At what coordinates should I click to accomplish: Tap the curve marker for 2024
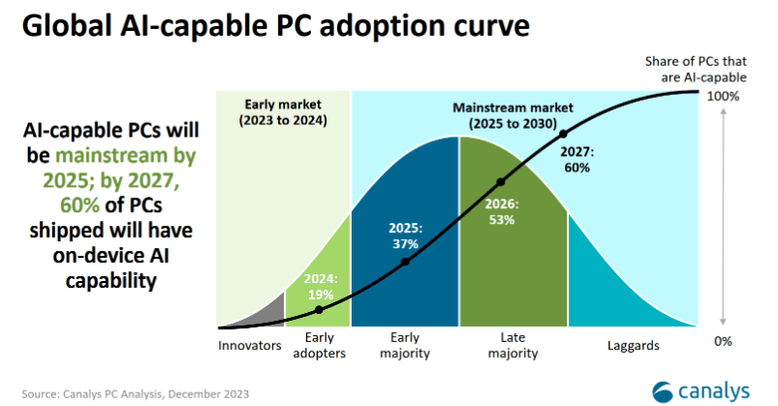319,310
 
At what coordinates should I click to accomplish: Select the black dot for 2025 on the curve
406,262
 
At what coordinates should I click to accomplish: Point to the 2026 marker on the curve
501,182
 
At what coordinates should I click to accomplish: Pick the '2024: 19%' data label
319,286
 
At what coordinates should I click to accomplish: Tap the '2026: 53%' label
502,212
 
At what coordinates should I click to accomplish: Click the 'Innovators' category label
250,345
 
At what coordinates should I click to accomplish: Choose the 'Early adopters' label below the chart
319,346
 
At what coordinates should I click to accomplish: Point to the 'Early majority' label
405,346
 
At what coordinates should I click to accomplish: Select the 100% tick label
724,96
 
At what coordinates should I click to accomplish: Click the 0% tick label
724,341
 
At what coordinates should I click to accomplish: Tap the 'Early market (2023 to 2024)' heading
284,112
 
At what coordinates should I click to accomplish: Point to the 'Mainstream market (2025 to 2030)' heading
504,116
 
